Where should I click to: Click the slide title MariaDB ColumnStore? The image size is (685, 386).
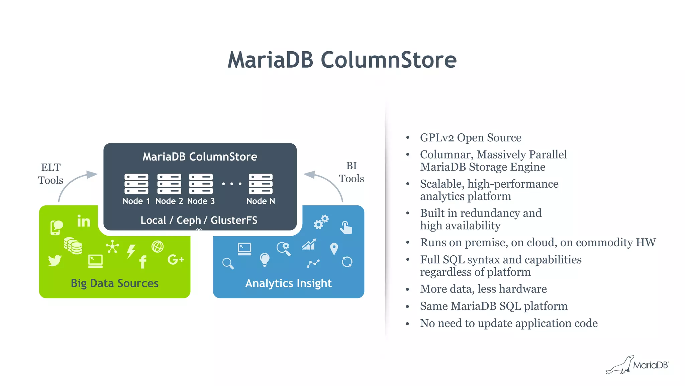click(342, 60)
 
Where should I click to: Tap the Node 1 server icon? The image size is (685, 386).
click(136, 184)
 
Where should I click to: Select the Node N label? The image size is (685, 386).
click(261, 201)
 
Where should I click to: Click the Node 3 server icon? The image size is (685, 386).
click(201, 184)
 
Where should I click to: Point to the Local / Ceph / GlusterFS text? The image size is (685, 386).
click(199, 220)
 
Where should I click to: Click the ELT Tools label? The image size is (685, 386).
click(51, 174)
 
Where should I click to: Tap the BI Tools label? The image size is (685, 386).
click(351, 172)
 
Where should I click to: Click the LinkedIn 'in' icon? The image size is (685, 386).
click(84, 221)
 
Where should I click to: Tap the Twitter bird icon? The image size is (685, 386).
click(55, 260)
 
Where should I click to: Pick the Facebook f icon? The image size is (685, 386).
click(143, 262)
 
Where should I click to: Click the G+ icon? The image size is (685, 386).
click(175, 259)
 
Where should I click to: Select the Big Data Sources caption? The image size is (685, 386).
click(114, 283)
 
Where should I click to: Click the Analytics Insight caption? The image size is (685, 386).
click(288, 283)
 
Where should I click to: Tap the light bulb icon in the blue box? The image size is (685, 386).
click(265, 259)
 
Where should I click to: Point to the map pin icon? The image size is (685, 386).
click(334, 249)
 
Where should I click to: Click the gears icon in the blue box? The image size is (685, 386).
click(321, 222)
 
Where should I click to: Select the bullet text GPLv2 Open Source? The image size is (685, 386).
click(470, 138)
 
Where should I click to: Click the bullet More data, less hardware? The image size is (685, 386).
click(483, 289)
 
